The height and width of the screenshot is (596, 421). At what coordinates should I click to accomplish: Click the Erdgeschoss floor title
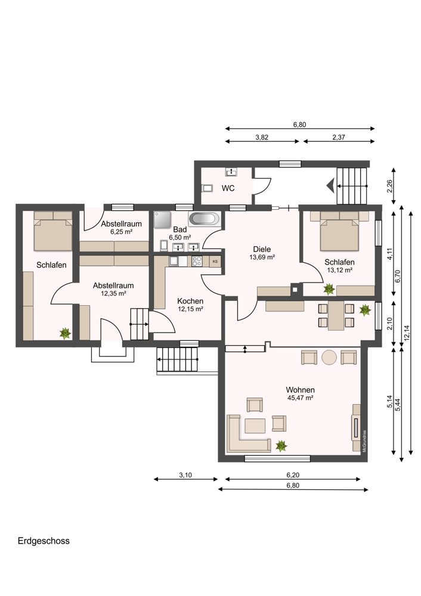tap(44, 541)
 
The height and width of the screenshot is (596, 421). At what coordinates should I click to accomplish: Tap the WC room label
tap(228, 188)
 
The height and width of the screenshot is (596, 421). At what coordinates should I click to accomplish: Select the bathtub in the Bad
tap(204, 220)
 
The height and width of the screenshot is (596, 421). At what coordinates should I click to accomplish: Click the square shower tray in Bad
tap(162, 220)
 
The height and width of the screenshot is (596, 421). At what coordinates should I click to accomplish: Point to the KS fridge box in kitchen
tap(215, 262)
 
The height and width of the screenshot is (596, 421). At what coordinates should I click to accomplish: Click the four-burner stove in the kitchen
tap(197, 261)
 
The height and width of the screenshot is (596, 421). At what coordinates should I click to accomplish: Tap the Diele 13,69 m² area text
tap(262, 257)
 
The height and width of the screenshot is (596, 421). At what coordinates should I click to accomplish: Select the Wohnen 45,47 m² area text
tap(300, 398)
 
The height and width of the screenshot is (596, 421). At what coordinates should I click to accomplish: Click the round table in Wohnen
tap(329, 357)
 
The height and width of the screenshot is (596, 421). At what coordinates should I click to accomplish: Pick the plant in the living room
tap(281, 445)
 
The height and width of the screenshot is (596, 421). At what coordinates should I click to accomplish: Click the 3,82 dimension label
tap(262, 138)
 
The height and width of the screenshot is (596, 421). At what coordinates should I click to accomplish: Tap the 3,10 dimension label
tap(185, 475)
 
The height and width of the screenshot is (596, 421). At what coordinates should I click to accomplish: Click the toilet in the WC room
tap(207, 188)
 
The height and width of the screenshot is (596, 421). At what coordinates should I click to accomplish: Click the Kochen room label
tap(190, 300)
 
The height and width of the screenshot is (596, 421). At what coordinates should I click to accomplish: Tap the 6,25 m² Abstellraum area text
tap(121, 231)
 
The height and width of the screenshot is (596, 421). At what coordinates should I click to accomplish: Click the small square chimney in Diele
tap(296, 289)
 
